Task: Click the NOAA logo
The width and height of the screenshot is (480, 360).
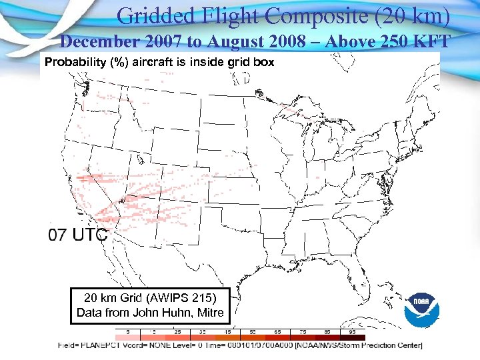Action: (x=423, y=309)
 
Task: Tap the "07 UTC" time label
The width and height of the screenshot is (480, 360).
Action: (x=78, y=235)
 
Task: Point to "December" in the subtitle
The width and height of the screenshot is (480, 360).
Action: (x=97, y=42)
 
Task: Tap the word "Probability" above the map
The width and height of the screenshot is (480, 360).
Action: (x=71, y=63)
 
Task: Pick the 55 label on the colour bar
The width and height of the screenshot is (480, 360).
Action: (x=253, y=331)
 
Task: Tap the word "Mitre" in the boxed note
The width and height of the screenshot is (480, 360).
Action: (x=209, y=312)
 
